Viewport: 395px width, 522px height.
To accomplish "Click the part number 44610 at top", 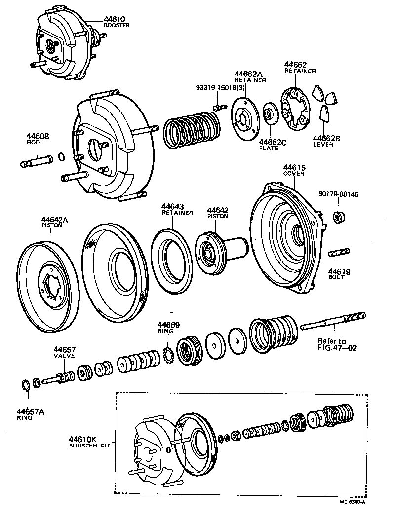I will point(114,20).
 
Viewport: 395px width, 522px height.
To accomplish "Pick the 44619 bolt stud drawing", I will point(338,255).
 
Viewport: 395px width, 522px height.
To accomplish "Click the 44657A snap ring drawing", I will point(26,385).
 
